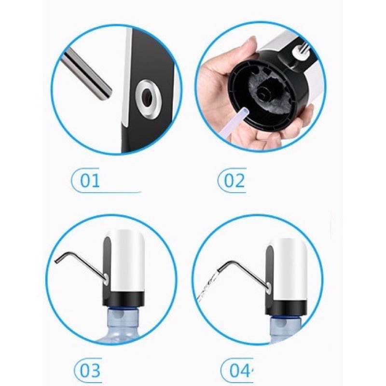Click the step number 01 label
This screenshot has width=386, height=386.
(90, 181)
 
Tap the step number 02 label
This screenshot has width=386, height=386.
(235, 181)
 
